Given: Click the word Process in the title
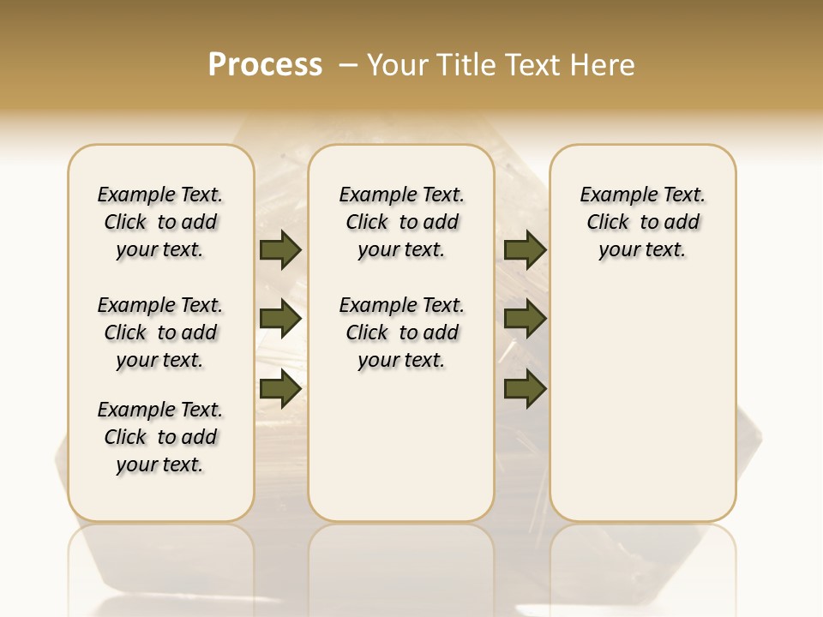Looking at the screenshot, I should point(265,65).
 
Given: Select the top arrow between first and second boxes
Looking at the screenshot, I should point(280,250).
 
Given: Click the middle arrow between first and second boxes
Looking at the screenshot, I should point(280,320).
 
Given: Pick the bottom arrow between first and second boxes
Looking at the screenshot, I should point(280,389).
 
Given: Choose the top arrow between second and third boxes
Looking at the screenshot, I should point(525,250).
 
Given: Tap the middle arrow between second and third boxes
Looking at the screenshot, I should point(525,320).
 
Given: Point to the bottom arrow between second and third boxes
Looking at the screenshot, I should point(525,389).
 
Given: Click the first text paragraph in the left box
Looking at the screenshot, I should point(160,222).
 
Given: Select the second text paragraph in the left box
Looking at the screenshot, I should point(160,332).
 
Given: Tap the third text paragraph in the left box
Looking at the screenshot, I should point(160,437).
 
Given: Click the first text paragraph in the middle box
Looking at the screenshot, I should point(401,222).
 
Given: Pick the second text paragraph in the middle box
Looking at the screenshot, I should point(401,332).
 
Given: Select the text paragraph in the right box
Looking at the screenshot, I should point(642,222).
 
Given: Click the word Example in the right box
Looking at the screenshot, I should point(610,195).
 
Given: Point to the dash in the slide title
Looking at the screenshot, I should point(348,65).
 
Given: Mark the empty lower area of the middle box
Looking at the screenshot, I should point(401,446).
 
